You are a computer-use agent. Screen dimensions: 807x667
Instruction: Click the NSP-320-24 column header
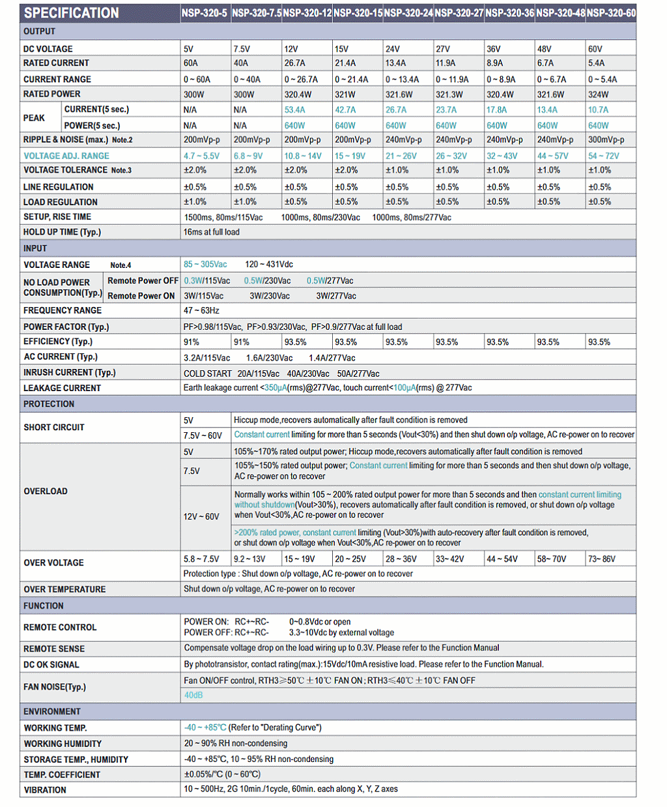click(408, 13)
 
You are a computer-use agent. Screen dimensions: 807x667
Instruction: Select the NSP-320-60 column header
click(611, 13)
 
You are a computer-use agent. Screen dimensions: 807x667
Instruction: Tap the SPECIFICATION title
click(72, 13)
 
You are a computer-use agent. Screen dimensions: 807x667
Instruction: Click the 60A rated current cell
click(191, 63)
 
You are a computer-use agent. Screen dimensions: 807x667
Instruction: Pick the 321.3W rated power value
click(449, 95)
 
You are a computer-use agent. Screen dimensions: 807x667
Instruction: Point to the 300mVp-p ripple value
click(606, 139)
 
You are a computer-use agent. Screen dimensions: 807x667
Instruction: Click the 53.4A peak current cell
click(294, 110)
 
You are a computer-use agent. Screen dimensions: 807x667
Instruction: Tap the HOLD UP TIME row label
click(62, 232)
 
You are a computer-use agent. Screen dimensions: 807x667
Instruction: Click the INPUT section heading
click(35, 248)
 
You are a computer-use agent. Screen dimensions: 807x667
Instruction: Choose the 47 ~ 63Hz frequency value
click(201, 311)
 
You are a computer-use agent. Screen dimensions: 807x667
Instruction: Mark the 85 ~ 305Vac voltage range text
click(205, 265)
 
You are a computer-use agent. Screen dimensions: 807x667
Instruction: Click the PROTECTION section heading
click(49, 404)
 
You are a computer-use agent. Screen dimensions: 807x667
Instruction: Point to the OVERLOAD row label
click(46, 492)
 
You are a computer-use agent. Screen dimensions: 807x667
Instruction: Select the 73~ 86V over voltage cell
click(601, 559)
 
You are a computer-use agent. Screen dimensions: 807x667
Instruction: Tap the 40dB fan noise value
click(193, 696)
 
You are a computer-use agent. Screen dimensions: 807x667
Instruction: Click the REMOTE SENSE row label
click(54, 649)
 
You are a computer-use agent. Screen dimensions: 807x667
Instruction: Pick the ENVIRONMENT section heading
click(52, 712)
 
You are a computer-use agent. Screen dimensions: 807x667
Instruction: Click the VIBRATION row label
click(45, 790)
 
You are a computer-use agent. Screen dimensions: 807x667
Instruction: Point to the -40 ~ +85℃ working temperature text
click(205, 727)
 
